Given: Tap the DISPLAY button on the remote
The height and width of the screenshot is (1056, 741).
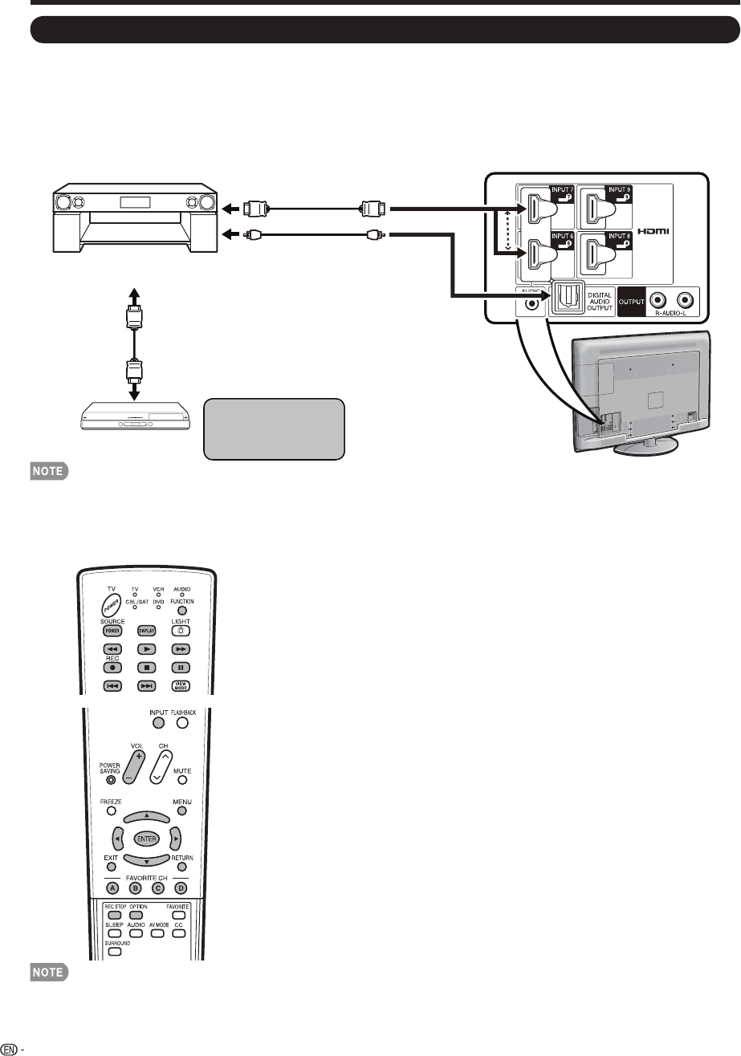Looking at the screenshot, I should pos(145,631).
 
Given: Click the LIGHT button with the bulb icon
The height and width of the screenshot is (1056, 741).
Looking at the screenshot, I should pos(182,631).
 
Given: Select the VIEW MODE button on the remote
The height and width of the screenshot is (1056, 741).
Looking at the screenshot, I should pos(182,686).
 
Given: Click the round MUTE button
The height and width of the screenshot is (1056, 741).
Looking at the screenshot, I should pos(182,778).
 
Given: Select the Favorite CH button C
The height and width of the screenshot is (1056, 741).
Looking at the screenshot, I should pos(158,888).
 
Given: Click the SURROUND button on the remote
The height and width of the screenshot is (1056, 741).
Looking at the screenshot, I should pos(114,952).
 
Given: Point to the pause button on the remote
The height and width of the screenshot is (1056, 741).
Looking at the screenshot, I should pos(182,668).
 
